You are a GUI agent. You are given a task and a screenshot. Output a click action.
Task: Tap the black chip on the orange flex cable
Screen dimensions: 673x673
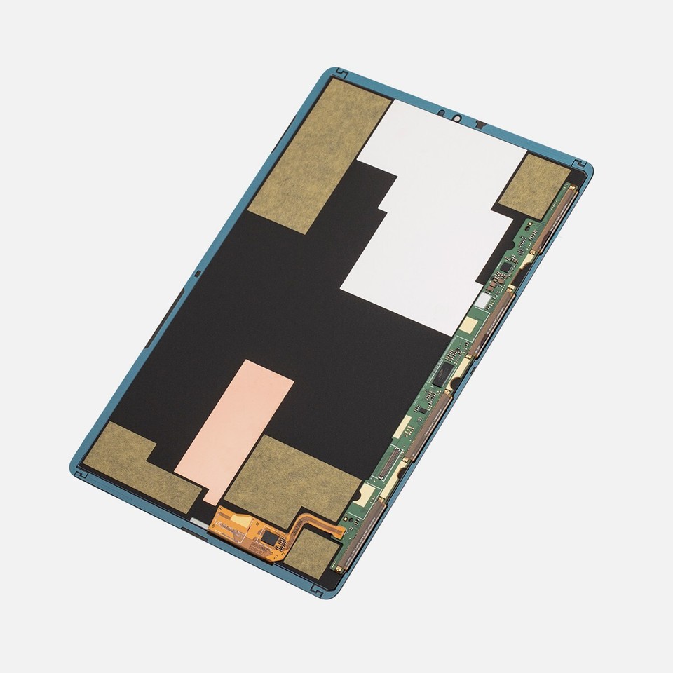click(269, 538)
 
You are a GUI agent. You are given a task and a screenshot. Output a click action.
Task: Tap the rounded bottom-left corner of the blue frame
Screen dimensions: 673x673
click(76, 468)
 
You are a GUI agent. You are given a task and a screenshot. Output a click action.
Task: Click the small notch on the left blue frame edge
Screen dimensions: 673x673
click(197, 274)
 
